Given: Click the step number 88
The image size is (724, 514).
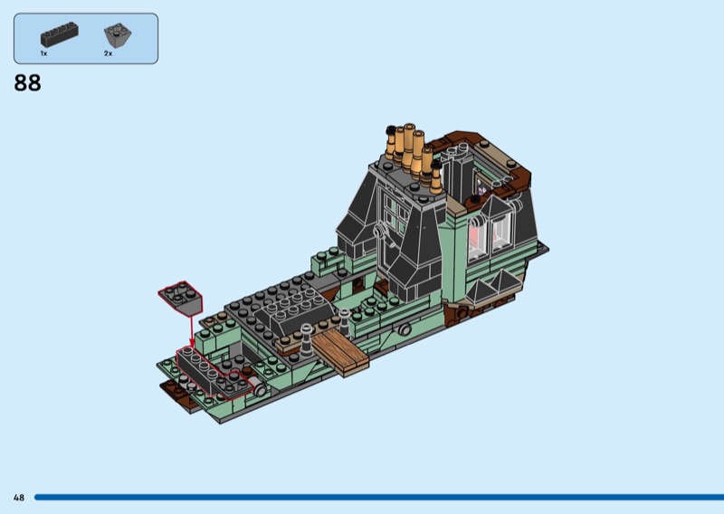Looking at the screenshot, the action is pyautogui.click(x=28, y=83).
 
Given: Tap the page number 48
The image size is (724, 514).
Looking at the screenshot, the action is pyautogui.click(x=19, y=498).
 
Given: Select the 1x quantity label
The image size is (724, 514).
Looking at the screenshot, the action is pyautogui.click(x=43, y=53).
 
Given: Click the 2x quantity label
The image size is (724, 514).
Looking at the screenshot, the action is pyautogui.click(x=108, y=53).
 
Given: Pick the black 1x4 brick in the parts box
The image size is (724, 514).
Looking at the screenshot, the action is pyautogui.click(x=59, y=34).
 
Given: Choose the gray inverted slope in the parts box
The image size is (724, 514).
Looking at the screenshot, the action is pyautogui.click(x=118, y=35).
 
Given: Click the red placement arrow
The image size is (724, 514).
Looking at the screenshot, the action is pyautogui.click(x=191, y=331).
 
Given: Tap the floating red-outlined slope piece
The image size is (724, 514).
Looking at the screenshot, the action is pyautogui.click(x=180, y=298).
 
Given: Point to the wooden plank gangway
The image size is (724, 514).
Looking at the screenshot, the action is pyautogui.click(x=341, y=352).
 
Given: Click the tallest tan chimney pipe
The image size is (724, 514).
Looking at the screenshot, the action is pyautogui.click(x=409, y=148).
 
